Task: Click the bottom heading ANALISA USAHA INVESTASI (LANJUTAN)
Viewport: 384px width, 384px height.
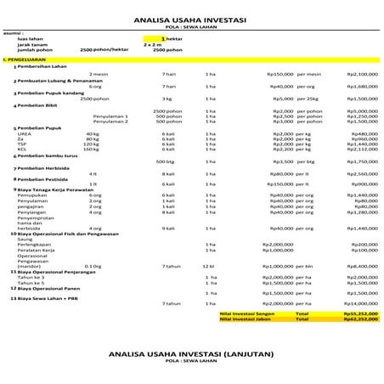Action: [x=190, y=352]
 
